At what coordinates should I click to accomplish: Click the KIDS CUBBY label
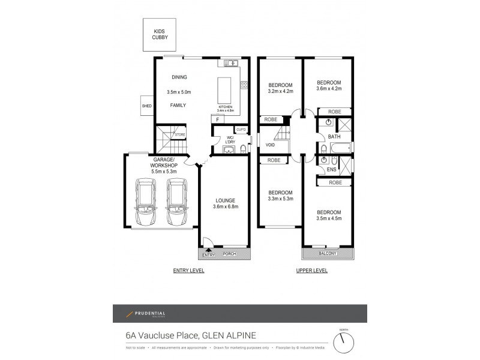160,34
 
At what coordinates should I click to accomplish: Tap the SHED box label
147,106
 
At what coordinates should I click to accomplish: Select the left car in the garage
146,202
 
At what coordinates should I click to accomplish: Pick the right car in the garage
177,202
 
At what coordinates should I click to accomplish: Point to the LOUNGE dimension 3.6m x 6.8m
225,208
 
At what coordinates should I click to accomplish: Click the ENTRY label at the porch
208,255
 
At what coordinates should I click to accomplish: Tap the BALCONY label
328,253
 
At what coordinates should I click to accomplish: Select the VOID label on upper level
270,145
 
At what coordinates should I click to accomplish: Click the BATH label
334,137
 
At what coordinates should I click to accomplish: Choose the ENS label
332,170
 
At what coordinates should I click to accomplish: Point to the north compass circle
343,342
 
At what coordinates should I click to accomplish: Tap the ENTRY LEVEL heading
188,271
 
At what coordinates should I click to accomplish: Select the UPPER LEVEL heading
312,271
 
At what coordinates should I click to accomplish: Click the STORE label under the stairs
180,135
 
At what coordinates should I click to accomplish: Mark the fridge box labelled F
214,119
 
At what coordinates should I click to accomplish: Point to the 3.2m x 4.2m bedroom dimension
280,92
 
